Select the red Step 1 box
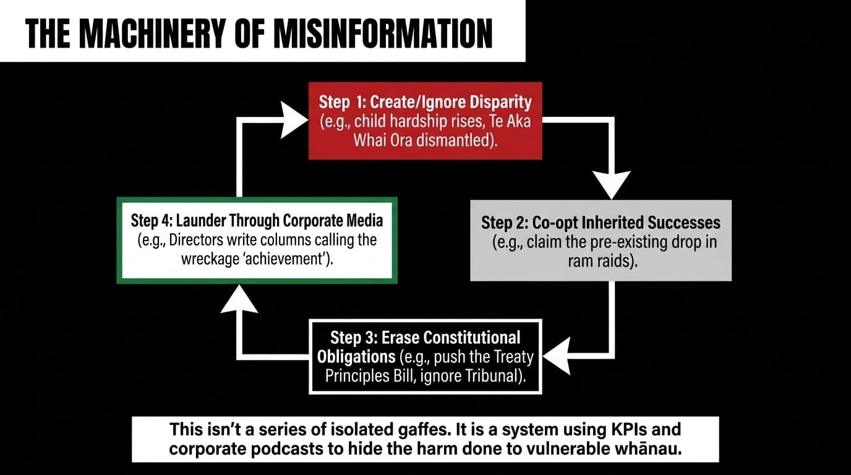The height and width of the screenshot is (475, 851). [x=425, y=121]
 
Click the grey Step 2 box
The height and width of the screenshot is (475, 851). [x=601, y=241]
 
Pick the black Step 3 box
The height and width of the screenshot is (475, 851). [x=425, y=357]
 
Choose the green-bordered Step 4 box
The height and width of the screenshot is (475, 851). [x=257, y=241]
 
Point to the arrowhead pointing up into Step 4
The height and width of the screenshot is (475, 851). [x=239, y=299]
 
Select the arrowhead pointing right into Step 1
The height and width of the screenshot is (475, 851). [x=294, y=120]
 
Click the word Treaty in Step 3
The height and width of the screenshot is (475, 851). [x=515, y=357]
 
